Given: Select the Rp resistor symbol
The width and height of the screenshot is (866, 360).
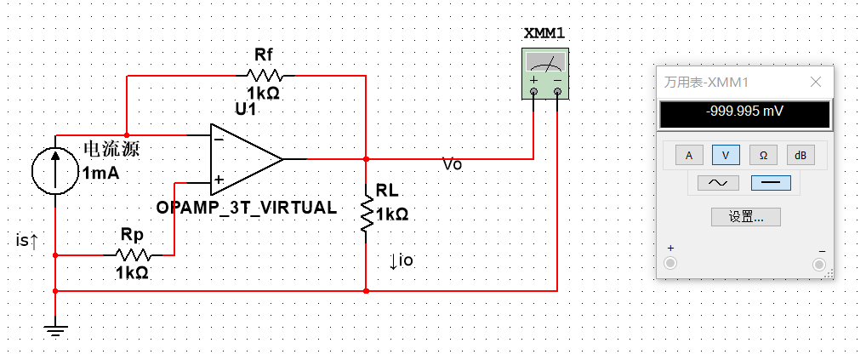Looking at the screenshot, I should coord(132,254).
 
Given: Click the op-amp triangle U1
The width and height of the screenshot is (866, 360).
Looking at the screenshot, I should coord(245,158).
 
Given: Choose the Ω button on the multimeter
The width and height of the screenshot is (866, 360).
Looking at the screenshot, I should coord(763,155).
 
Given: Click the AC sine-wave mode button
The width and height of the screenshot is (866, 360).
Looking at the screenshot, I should coord(711,182).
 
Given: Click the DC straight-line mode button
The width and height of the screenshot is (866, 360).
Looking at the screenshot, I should coord(771,182).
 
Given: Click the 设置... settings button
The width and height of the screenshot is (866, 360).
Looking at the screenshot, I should coord(745,216).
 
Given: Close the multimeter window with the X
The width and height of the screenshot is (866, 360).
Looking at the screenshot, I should coord(815,82).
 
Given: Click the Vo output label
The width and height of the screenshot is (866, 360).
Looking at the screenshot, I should coord(453,165).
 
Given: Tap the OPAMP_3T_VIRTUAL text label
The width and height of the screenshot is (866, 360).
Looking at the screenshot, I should coord(247,208).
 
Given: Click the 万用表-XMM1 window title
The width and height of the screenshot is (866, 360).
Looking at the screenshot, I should coord(706,83).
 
